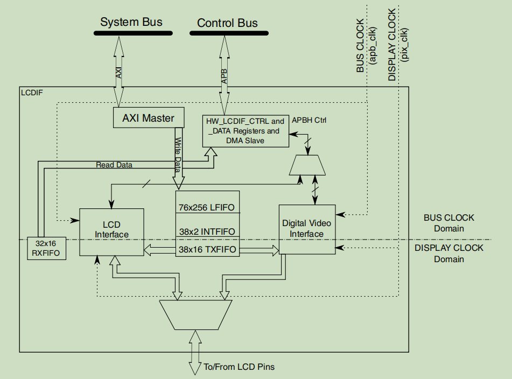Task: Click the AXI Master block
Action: click(x=148, y=118)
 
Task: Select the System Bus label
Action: click(x=131, y=22)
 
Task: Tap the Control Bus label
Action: click(x=227, y=23)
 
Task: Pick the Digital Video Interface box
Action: click(x=307, y=229)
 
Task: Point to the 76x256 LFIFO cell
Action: click(x=207, y=207)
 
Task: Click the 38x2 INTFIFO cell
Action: click(x=207, y=231)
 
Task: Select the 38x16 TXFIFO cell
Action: click(x=207, y=249)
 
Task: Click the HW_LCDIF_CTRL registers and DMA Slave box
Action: click(x=245, y=131)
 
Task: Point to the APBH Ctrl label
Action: click(x=309, y=120)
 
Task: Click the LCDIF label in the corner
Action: click(x=32, y=93)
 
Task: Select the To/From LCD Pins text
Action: click(x=239, y=367)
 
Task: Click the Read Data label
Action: click(x=114, y=165)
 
